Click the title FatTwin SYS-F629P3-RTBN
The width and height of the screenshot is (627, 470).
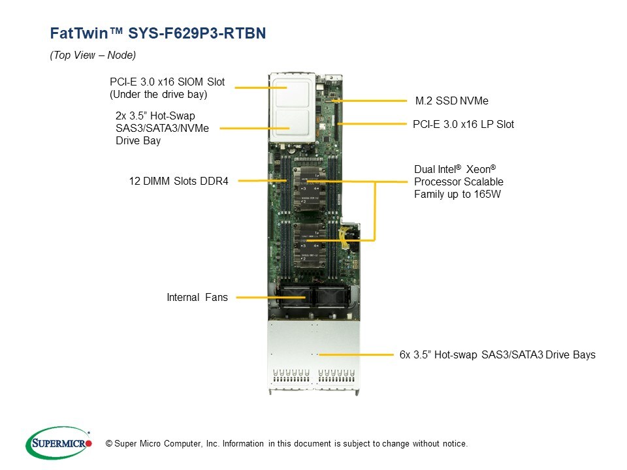[x=158, y=34]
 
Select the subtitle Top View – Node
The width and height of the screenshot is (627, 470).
[x=93, y=55]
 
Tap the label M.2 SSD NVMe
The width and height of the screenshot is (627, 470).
[x=451, y=101]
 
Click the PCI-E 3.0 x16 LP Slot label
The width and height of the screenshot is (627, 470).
[x=463, y=124]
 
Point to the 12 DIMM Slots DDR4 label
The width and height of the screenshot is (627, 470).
[x=178, y=181]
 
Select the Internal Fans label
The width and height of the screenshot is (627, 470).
[x=197, y=298]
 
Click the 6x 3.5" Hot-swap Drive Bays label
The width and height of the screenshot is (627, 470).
[x=497, y=355]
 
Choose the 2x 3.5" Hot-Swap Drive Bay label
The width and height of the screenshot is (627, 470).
[x=162, y=128]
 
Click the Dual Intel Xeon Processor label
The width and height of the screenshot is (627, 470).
[x=458, y=181]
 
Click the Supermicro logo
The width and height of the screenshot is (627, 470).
[x=59, y=443]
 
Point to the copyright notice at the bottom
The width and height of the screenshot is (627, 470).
[x=286, y=444]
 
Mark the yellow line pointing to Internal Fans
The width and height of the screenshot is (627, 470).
[x=261, y=298]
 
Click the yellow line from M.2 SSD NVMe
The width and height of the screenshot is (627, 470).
[x=372, y=101]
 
